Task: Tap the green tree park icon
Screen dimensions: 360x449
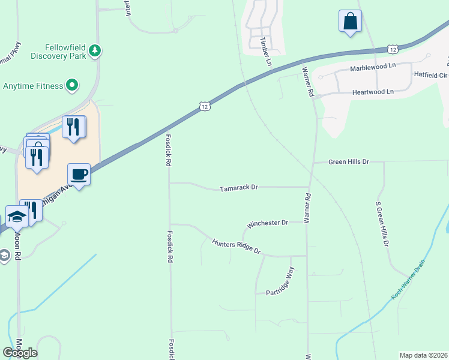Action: [95, 51]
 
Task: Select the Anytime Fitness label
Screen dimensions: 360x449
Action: [33, 86]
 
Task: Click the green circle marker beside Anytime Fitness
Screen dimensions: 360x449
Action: [72, 85]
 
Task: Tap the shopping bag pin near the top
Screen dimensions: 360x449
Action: [350, 22]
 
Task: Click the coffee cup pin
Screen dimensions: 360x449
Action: [79, 175]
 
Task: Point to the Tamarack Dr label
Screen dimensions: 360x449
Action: [238, 188]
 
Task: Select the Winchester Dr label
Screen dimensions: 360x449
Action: [268, 223]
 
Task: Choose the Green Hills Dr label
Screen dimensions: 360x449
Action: [348, 162]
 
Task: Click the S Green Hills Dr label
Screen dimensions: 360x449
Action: [382, 223]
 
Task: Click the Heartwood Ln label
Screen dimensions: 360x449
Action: [372, 92]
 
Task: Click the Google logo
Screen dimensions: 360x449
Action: [20, 353]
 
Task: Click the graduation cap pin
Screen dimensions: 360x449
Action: [17, 216]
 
